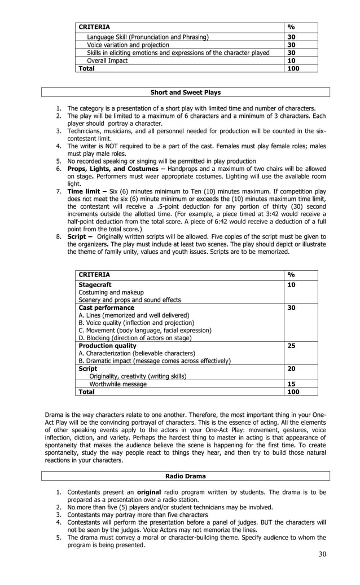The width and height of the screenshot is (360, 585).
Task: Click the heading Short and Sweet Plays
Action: [185, 93]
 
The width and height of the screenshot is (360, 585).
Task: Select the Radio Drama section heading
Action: [185, 476]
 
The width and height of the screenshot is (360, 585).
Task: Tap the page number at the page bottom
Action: [322, 553]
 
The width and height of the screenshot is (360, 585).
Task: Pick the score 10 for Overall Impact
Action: [291, 60]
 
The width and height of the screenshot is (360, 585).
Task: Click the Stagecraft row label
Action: [95, 285]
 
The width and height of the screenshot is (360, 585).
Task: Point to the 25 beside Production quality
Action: [292, 345]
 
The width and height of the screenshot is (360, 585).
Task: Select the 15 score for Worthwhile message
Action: [292, 384]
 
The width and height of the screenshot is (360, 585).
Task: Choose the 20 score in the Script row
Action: [292, 368]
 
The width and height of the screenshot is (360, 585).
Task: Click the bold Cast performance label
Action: [106, 307]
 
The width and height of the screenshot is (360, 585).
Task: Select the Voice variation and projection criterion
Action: [128, 45]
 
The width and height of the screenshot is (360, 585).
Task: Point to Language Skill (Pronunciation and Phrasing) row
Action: [147, 37]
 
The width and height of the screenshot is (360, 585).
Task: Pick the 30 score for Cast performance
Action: [292, 307]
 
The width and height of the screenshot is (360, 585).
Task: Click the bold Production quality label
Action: [107, 345]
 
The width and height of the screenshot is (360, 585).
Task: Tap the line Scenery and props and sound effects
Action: [129, 300]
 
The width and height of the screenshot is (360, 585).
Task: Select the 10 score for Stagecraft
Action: [292, 285]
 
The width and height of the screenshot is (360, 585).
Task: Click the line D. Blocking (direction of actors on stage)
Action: [135, 338]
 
